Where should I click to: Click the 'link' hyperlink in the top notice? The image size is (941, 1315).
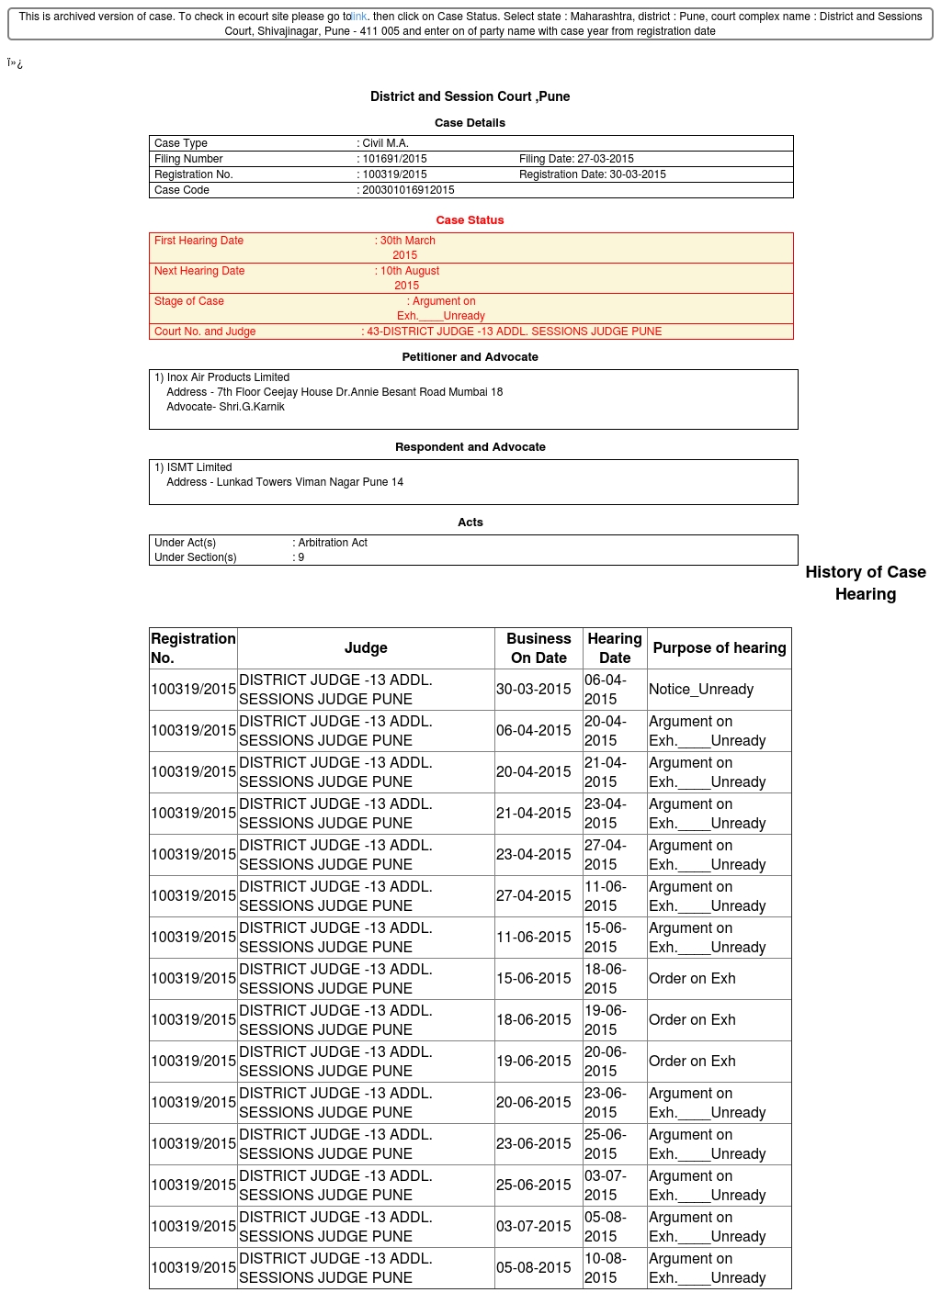(x=359, y=17)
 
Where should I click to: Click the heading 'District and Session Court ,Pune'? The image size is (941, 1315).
(x=470, y=96)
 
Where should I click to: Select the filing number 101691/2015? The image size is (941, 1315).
(x=394, y=159)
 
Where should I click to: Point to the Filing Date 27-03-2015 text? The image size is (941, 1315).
(x=576, y=159)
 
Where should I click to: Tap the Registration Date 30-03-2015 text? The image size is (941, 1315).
(x=592, y=174)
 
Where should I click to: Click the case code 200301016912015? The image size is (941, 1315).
(x=408, y=190)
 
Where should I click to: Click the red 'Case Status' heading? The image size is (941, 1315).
(x=470, y=220)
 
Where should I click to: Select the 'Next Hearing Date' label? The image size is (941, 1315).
(x=199, y=271)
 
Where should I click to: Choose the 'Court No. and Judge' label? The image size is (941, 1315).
(x=205, y=332)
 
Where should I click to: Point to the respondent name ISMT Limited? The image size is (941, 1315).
(x=198, y=467)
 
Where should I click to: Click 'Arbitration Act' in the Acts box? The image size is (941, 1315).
(x=332, y=543)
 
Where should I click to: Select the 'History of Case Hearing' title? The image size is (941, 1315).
(x=866, y=583)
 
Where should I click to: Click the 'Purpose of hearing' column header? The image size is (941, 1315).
(x=720, y=648)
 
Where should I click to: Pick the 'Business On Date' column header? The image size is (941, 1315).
(x=539, y=648)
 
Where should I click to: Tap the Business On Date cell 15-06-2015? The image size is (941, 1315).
(x=534, y=979)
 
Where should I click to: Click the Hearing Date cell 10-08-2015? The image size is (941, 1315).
(x=606, y=1268)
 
